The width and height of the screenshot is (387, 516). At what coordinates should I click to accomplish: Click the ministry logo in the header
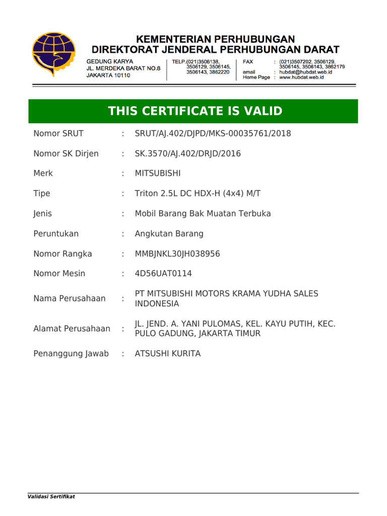pos(53,54)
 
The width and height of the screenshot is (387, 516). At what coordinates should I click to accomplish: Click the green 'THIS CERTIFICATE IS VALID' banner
pos(193,111)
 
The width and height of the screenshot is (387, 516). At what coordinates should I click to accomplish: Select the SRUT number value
pos(213,134)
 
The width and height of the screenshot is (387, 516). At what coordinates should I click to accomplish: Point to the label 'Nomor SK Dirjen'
pos(66,154)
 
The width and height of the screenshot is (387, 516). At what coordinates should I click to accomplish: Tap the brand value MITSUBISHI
pos(157,173)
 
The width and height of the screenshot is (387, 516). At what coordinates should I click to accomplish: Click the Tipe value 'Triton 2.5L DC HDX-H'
pos(198,193)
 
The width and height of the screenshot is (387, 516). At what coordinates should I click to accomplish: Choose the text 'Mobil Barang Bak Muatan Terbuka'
pos(203,214)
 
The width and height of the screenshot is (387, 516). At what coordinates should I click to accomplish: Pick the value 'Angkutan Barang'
pos(169,234)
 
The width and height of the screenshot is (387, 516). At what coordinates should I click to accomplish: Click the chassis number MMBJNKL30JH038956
pos(177,254)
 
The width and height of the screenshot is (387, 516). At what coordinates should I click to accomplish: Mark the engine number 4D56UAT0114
pos(163,274)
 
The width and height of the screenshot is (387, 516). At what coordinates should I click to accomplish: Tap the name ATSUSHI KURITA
pos(167,354)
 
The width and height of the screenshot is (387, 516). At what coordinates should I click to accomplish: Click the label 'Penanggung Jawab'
pos(71,354)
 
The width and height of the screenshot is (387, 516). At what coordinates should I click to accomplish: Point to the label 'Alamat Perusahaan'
pos(72,329)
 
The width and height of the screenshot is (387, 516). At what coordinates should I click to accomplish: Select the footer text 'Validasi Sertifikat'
pos(51,497)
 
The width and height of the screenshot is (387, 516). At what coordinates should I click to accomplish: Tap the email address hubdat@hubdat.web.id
pos(305,72)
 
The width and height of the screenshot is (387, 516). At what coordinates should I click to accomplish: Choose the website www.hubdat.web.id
pos(301,78)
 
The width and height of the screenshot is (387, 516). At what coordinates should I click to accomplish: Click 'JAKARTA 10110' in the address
pos(108,75)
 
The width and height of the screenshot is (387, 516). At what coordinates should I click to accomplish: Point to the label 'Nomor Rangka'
pos(62,254)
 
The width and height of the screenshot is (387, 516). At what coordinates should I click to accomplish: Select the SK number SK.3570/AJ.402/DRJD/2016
pos(187,154)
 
